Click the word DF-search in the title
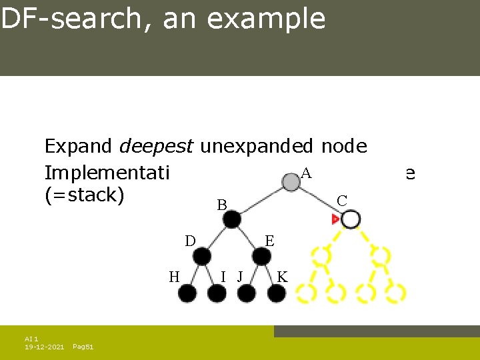point(64,19)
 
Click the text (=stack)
point(84,197)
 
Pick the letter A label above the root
point(306,173)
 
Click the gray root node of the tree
point(290,181)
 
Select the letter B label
point(221,205)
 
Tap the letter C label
point(342,200)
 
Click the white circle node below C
point(351,219)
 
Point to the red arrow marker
point(335,219)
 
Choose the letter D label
point(189,240)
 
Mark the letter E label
point(269,240)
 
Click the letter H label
point(173,277)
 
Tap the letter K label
point(282,277)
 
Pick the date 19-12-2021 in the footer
point(45,347)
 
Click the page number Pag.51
point(83,347)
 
